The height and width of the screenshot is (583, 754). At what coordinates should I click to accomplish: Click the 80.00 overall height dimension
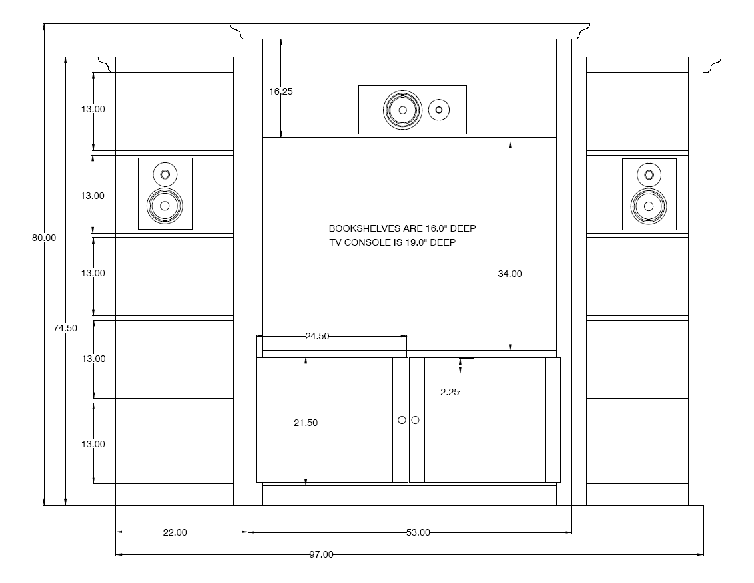[x=44, y=238]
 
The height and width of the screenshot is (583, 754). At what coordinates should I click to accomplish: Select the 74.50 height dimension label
[x=65, y=328]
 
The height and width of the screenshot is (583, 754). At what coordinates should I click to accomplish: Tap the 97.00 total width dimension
[x=321, y=554]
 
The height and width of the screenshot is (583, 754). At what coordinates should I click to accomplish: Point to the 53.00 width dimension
[x=418, y=532]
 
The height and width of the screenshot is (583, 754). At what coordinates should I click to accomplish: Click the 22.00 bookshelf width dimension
[x=175, y=532]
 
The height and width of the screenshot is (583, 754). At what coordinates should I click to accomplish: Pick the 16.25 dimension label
[x=281, y=91]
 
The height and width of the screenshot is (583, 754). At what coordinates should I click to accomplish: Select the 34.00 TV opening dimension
[x=510, y=274]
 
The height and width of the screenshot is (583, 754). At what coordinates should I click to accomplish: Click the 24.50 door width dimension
[x=318, y=336]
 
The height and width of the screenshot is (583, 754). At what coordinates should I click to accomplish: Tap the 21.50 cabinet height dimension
[x=306, y=423]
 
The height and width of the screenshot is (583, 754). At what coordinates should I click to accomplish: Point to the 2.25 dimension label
[x=450, y=393]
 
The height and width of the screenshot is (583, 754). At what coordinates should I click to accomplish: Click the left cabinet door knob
[x=402, y=420]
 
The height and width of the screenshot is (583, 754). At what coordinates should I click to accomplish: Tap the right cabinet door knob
[x=416, y=420]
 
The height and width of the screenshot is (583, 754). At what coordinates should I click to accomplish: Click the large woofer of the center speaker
[x=403, y=110]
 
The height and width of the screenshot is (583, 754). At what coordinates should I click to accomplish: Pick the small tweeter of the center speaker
[x=438, y=110]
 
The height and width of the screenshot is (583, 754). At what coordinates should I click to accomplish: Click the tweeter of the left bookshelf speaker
[x=165, y=174]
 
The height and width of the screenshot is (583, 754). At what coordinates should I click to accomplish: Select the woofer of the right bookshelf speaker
[x=649, y=206]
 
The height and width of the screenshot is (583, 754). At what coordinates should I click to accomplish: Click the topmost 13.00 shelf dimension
[x=93, y=109]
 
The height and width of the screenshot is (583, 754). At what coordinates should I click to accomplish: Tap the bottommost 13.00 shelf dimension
[x=93, y=444]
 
